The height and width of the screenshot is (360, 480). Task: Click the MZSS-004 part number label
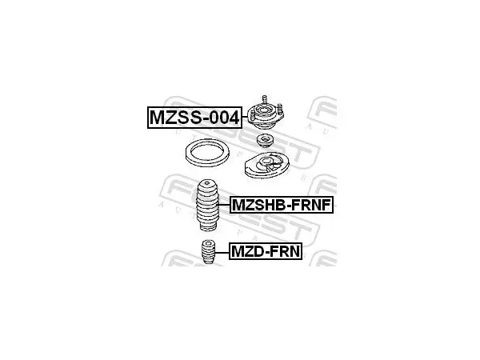tap(194, 118)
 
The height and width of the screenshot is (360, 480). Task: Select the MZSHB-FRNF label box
tap(282, 205)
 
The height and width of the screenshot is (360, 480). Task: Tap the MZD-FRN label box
tap(266, 251)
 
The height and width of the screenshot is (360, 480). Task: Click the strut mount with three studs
tap(266, 114)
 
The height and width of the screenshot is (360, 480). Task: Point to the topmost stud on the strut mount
tap(265, 99)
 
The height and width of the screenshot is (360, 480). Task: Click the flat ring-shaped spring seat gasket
tap(207, 153)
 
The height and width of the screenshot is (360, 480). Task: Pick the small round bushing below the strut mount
tap(265, 141)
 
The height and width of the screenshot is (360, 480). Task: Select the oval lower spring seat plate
tap(267, 165)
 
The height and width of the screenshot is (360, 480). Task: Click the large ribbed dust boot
tap(207, 205)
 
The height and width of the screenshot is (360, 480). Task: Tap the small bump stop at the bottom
tap(209, 252)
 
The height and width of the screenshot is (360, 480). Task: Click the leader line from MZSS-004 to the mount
tap(245, 118)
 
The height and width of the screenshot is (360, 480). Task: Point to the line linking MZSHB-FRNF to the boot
tap(225, 205)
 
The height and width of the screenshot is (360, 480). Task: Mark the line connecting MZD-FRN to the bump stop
tap(222, 252)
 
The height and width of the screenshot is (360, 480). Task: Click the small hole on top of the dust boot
tap(207, 183)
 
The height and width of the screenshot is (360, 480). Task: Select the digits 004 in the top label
tap(224, 118)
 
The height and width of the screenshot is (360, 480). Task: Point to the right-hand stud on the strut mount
tap(280, 109)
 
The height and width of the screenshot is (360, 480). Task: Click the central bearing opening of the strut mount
tap(264, 110)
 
